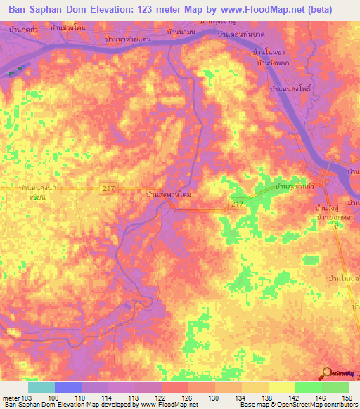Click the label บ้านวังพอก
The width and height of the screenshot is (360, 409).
[274, 64]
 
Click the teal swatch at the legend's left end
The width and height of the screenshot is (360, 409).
[41, 387]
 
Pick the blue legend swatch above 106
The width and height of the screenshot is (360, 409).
[68, 387]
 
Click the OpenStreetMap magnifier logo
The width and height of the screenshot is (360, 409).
[327, 375]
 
